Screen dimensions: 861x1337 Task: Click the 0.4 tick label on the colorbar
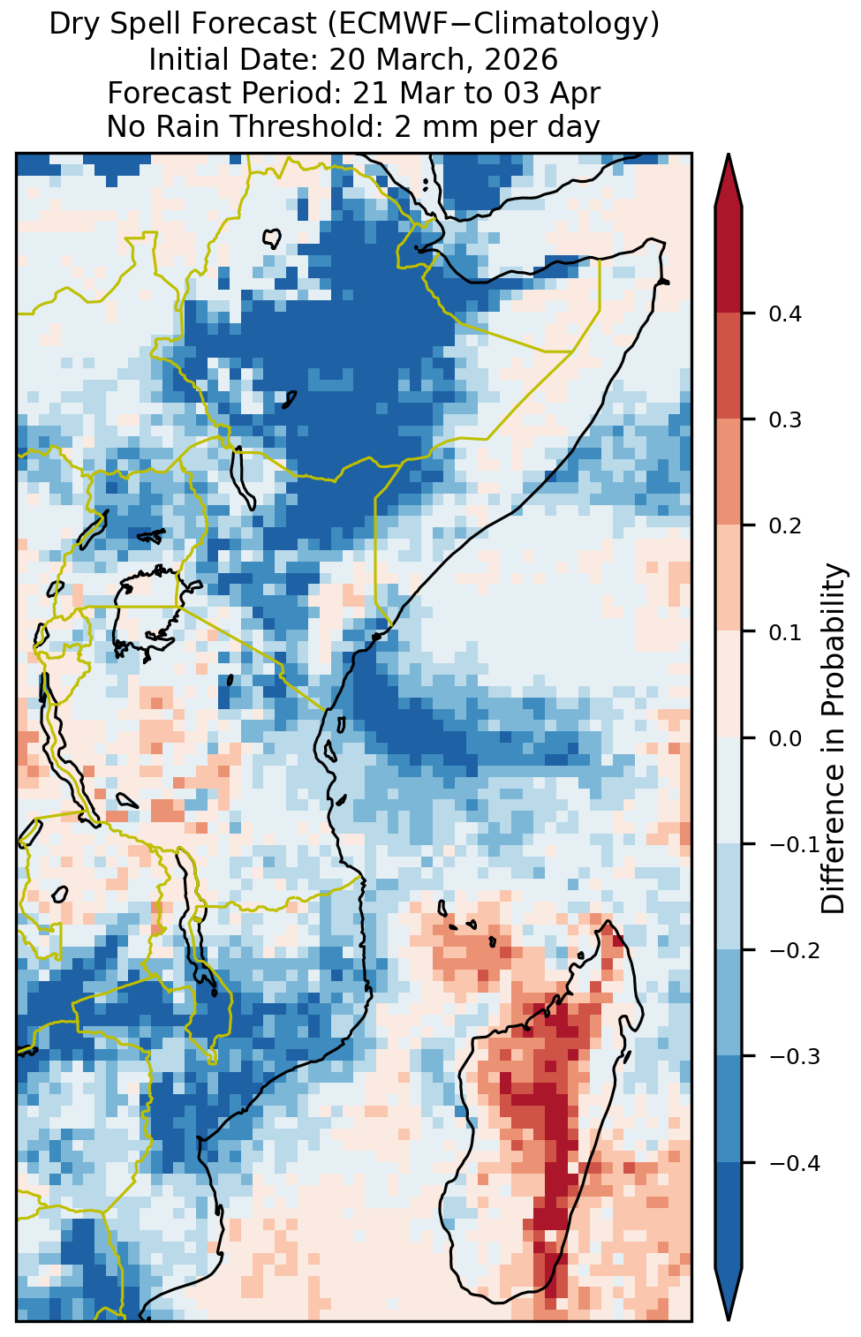pos(785,313)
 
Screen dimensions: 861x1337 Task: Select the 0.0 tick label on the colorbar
pos(785,738)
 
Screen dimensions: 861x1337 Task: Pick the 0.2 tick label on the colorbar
pos(785,525)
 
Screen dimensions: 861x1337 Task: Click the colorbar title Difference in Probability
pos(834,737)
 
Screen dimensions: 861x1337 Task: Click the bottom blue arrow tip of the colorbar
pos(729,1320)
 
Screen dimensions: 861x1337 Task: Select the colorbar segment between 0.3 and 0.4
pos(729,366)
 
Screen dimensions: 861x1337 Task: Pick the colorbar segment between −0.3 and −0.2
pos(729,1003)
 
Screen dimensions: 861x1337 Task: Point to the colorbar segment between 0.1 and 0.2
pos(729,578)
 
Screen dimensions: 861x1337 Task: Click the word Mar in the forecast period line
pos(423,93)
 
